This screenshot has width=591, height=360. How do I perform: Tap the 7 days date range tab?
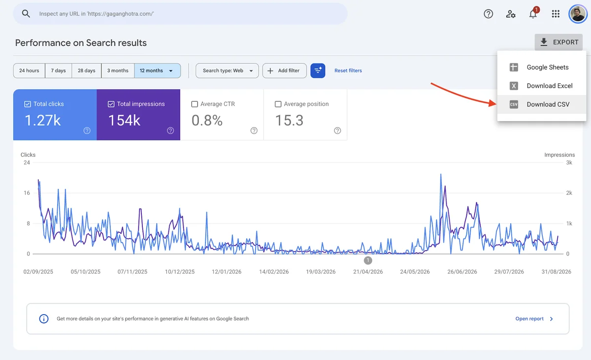tap(58, 70)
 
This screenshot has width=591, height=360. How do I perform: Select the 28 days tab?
tap(86, 70)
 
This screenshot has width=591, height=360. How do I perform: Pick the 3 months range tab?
tap(118, 70)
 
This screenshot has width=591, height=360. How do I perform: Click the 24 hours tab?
tap(29, 70)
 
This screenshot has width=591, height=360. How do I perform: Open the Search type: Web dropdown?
tap(227, 70)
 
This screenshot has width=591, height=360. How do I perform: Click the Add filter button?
tap(285, 70)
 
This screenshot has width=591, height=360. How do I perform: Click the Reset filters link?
tap(348, 70)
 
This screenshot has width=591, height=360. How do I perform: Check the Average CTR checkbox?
tap(195, 104)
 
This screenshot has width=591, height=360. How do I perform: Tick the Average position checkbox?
tap(278, 104)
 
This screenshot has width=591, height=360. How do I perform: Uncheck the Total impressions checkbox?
tap(111, 104)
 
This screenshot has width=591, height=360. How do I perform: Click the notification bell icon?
tap(533, 14)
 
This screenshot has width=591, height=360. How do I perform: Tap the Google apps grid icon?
tap(556, 14)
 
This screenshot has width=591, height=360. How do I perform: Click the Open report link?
tap(529, 319)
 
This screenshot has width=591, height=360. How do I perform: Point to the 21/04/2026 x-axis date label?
tap(368, 272)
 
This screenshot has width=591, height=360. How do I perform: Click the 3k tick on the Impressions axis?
tap(569, 163)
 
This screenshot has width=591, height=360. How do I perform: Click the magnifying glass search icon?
tap(26, 13)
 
